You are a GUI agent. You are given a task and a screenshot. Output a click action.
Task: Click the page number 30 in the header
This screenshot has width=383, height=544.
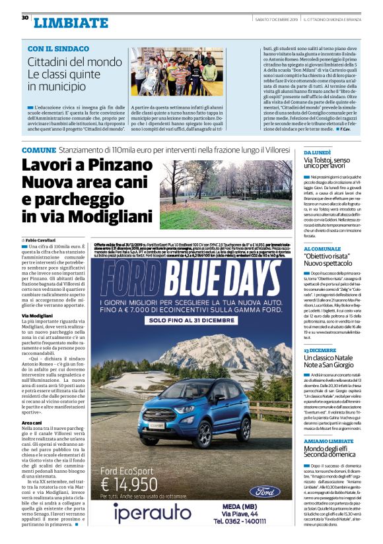click(24, 18)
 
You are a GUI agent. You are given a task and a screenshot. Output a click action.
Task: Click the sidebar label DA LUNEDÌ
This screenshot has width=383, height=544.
click(318, 152)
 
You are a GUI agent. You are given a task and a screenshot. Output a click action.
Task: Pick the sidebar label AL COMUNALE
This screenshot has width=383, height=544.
click(321, 248)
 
